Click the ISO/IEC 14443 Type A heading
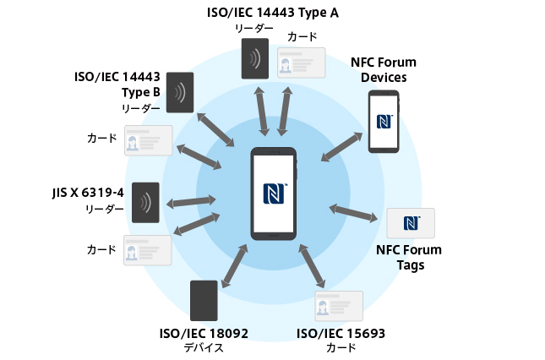click(279, 12)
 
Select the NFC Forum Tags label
click(409, 257)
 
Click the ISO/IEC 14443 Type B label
click(118, 84)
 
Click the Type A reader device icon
click(253, 57)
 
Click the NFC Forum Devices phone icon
click(383, 121)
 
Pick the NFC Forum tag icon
click(411, 223)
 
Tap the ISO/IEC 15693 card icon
click(339, 306)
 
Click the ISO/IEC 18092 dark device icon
click(204, 300)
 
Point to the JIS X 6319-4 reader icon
click(145, 201)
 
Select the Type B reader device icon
click(179, 92)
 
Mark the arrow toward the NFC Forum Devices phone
click(342, 145)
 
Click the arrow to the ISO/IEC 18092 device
click(235, 266)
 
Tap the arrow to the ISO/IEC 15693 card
click(312, 266)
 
